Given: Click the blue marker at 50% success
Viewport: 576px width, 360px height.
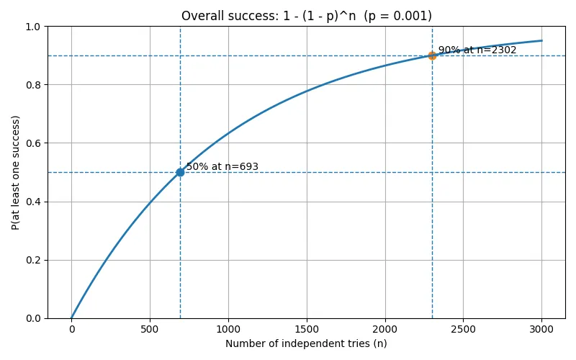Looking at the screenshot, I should tap(180, 172).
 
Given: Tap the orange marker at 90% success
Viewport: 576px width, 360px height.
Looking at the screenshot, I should tap(432, 55).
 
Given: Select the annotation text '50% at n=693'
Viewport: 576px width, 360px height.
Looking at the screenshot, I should tap(222, 167).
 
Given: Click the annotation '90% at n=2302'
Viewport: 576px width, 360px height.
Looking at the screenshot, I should tap(477, 50).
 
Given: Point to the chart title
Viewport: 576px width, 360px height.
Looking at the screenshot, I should tap(306, 16).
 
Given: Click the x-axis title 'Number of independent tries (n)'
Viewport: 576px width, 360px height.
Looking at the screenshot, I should tap(306, 343).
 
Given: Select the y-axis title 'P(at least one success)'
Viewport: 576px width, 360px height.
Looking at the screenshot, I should tap(16, 172).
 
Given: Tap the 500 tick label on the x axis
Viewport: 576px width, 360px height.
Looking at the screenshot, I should tap(150, 328).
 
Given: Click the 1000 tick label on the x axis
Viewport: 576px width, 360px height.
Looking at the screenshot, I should tap(228, 328).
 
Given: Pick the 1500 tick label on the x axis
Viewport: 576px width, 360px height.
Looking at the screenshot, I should tap(307, 328).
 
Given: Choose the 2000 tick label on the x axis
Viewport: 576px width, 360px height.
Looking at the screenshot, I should tap(385, 328).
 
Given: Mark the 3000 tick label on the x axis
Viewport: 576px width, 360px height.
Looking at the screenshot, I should tap(541, 328).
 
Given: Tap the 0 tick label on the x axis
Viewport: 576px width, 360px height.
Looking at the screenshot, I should tap(71, 328).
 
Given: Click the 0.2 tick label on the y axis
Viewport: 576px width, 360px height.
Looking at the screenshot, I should tap(33, 260).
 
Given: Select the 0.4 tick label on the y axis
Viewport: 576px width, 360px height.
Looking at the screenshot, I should tap(33, 202).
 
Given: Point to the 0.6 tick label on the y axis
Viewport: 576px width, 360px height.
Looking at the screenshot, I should tap(33, 143).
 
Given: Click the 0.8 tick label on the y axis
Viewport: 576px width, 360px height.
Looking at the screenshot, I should tap(33, 85).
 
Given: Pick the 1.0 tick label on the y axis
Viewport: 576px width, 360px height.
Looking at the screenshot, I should tap(33, 27).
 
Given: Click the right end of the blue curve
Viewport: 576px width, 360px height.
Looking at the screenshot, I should tap(541, 40).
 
